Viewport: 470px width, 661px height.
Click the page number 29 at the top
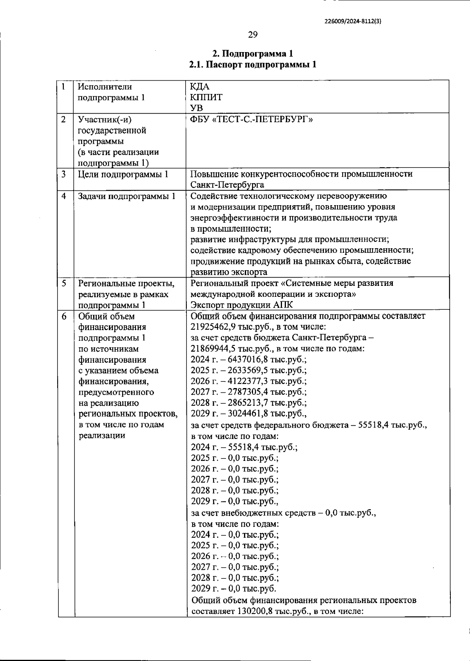pyautogui.click(x=253, y=35)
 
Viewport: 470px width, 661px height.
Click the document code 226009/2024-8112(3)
pyautogui.click(x=353, y=22)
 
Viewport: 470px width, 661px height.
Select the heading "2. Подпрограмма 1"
pyautogui.click(x=253, y=54)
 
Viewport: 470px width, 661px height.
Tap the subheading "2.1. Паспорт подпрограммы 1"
pyautogui.click(x=253, y=65)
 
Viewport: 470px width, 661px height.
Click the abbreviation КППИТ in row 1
pyautogui.click(x=206, y=97)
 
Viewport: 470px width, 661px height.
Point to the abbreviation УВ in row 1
pyautogui.click(x=197, y=108)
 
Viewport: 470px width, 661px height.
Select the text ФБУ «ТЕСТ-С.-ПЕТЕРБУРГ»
pyautogui.click(x=251, y=119)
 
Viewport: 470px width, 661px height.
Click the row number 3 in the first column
pyautogui.click(x=63, y=174)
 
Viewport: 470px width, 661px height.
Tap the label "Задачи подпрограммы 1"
pyautogui.click(x=127, y=196)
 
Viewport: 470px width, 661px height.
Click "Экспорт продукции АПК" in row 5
pyautogui.click(x=242, y=305)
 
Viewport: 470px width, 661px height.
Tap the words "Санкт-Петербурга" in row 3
pyautogui.click(x=227, y=185)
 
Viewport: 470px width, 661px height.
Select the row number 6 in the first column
pyautogui.click(x=64, y=316)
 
